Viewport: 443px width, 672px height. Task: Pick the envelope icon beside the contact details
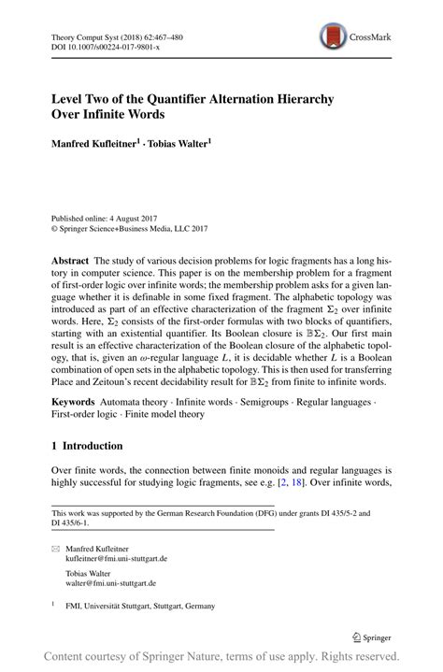pos(54,548)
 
